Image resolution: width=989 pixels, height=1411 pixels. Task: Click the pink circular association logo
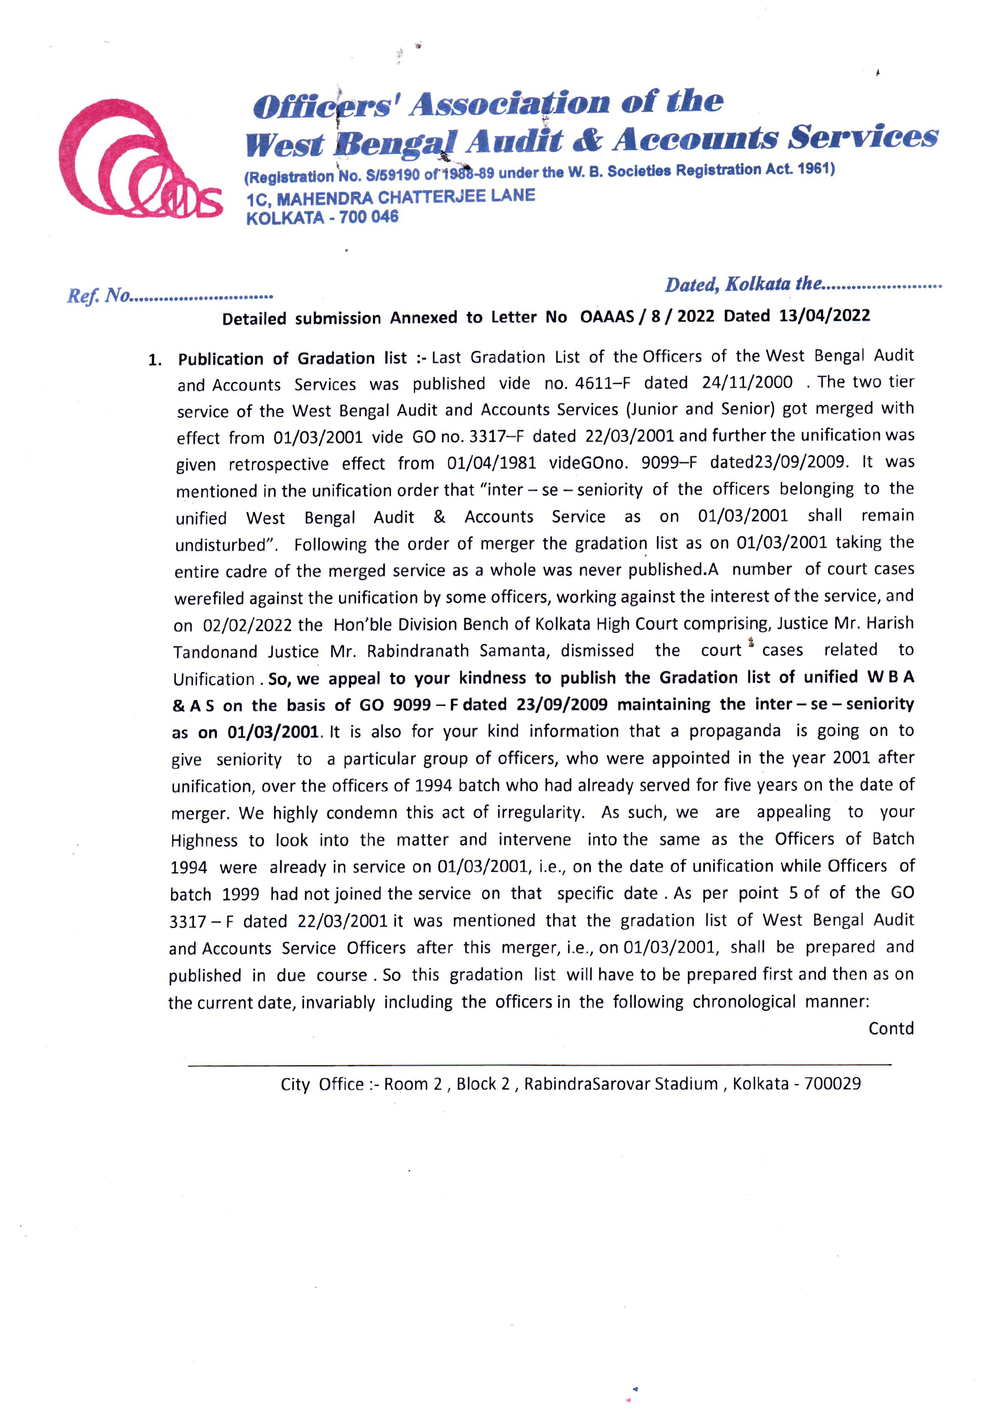pyautogui.click(x=140, y=161)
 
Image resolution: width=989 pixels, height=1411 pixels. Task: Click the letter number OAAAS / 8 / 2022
pyautogui.click(x=647, y=316)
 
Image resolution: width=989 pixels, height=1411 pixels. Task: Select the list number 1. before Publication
pyautogui.click(x=155, y=360)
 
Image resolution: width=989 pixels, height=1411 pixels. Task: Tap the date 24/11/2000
pyautogui.click(x=747, y=383)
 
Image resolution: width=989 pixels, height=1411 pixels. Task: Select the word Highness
pyautogui.click(x=204, y=840)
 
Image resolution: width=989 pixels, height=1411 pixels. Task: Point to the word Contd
pyautogui.click(x=891, y=1029)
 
